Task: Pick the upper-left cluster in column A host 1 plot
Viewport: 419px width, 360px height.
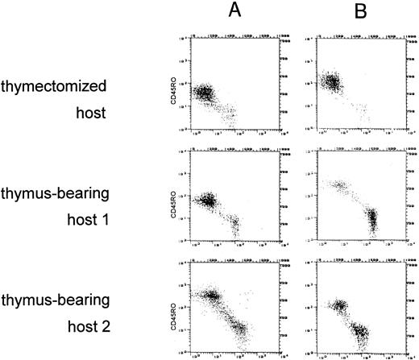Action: tap(211, 200)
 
